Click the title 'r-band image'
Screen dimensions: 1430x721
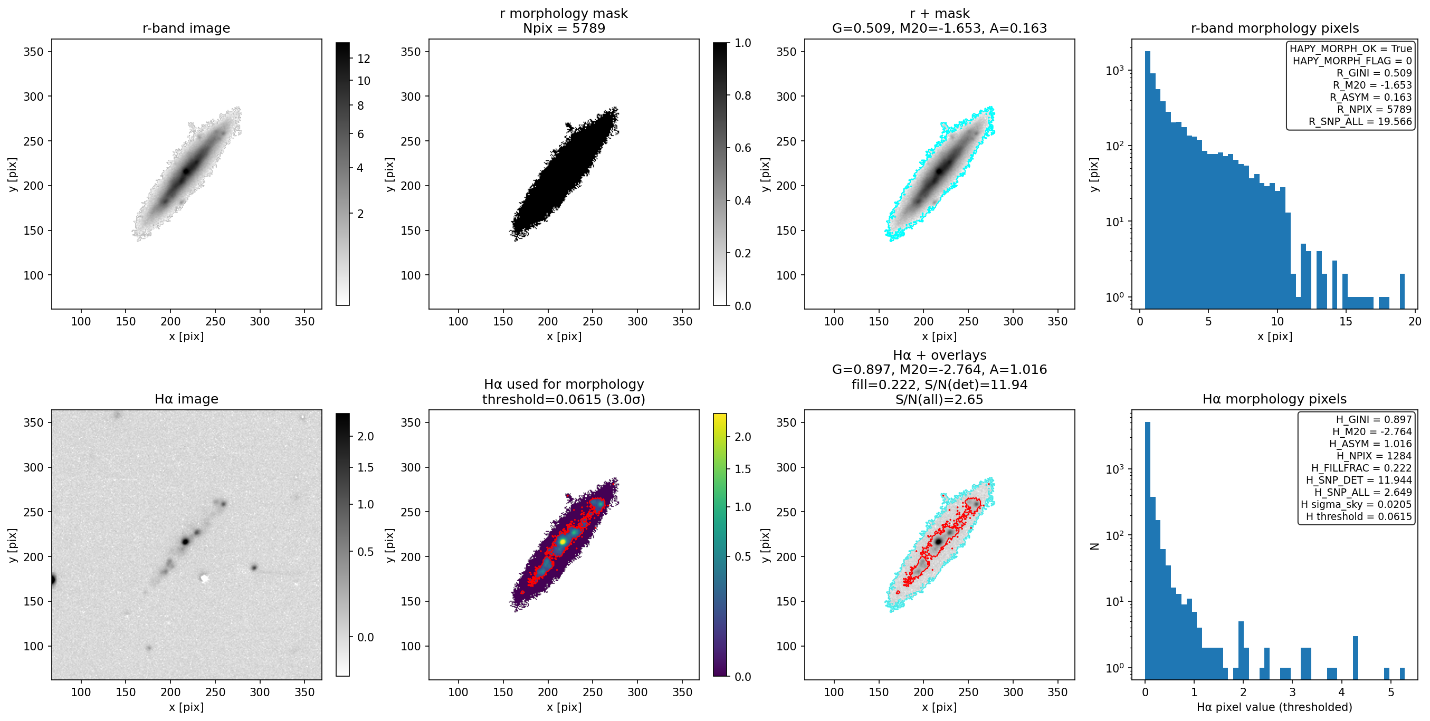point(186,28)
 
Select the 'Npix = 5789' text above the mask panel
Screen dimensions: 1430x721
point(564,28)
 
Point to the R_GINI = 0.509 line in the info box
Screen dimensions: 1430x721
point(1374,73)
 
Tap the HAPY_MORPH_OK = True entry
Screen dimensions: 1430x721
point(1350,49)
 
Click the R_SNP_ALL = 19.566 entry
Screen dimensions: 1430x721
point(1360,121)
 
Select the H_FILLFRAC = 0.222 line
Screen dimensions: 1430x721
point(1361,468)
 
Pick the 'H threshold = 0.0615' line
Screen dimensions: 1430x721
point(1358,516)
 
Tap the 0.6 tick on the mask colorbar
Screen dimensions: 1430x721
point(742,148)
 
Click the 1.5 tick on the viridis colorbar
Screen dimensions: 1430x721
point(742,469)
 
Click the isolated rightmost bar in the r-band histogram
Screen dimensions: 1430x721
point(1402,291)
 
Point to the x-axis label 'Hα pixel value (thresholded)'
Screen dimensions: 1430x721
point(1274,707)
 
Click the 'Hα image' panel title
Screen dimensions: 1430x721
point(186,399)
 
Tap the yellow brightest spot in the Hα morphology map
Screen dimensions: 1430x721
point(563,541)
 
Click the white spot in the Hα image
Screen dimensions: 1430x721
point(204,579)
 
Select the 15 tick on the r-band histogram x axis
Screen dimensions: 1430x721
point(1346,321)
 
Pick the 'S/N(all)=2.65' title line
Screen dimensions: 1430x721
point(939,400)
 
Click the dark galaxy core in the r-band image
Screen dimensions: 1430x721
point(186,171)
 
